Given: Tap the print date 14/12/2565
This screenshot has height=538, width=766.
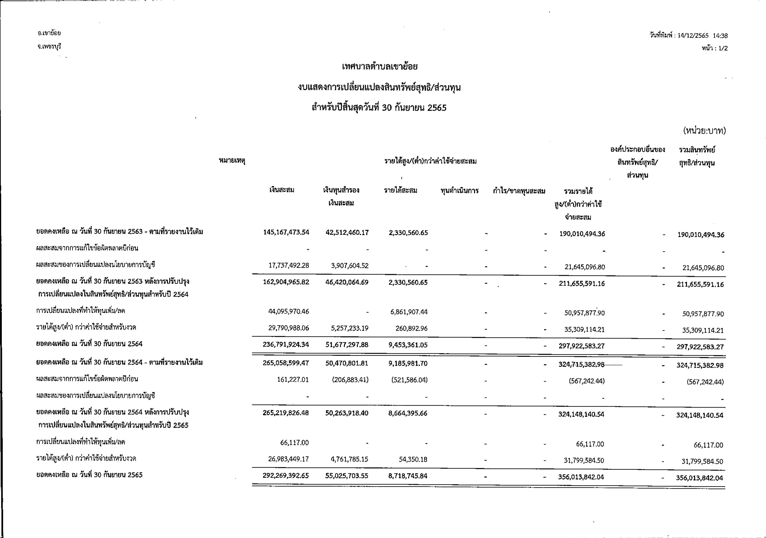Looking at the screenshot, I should (x=693, y=36).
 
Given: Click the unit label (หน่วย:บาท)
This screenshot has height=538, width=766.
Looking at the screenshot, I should (x=704, y=131).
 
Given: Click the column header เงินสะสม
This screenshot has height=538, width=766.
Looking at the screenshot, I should (x=282, y=190).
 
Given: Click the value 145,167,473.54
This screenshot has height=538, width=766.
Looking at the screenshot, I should (x=286, y=233).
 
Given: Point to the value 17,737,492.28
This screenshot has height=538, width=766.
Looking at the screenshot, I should (x=289, y=265).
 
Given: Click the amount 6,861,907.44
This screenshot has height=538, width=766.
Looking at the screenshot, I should (x=409, y=312).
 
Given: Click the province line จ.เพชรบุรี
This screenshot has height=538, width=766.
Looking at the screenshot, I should (x=49, y=46).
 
